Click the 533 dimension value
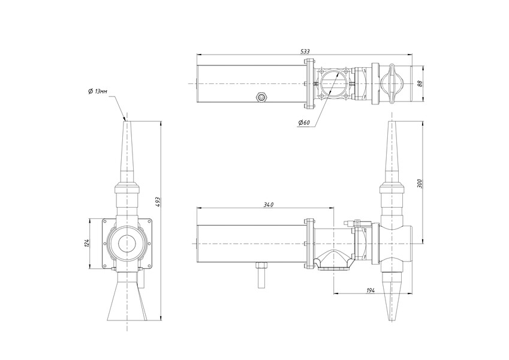point(305,52)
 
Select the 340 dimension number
point(268,205)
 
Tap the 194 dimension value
point(371,290)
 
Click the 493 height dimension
point(158,202)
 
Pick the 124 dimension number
point(86,244)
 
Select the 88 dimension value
point(420,84)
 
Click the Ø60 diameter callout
point(304,122)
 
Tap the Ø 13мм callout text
point(97,91)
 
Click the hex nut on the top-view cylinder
point(261,97)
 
